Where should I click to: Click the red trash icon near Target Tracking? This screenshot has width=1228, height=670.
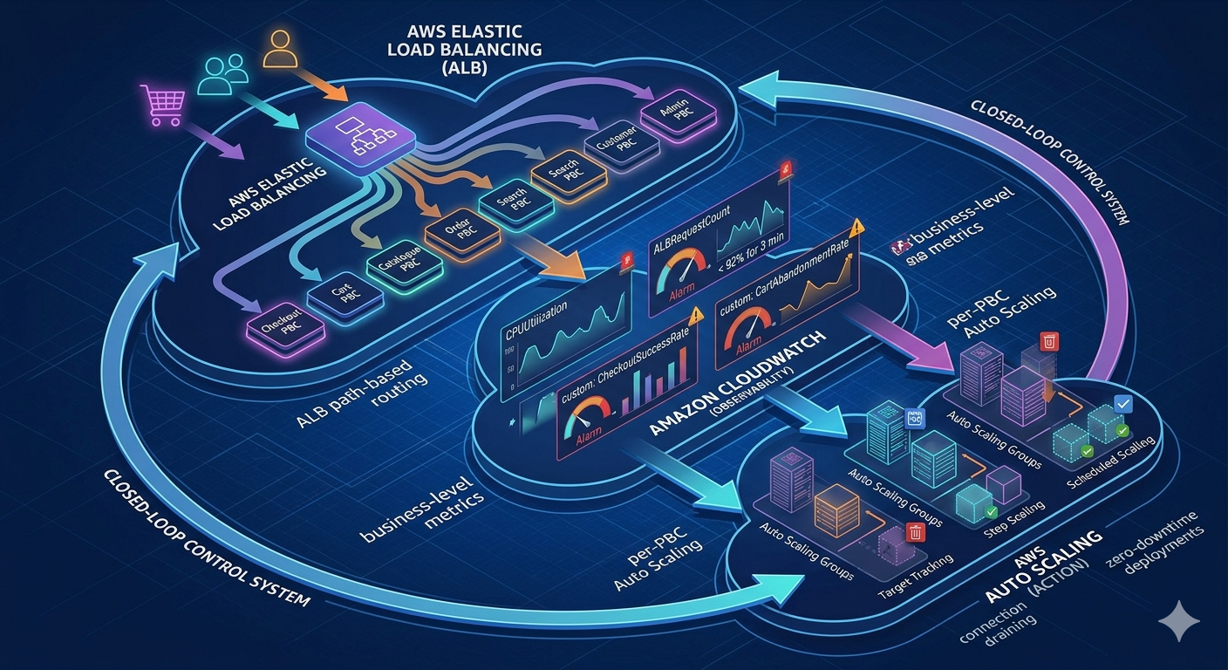pyautogui.click(x=916, y=531)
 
